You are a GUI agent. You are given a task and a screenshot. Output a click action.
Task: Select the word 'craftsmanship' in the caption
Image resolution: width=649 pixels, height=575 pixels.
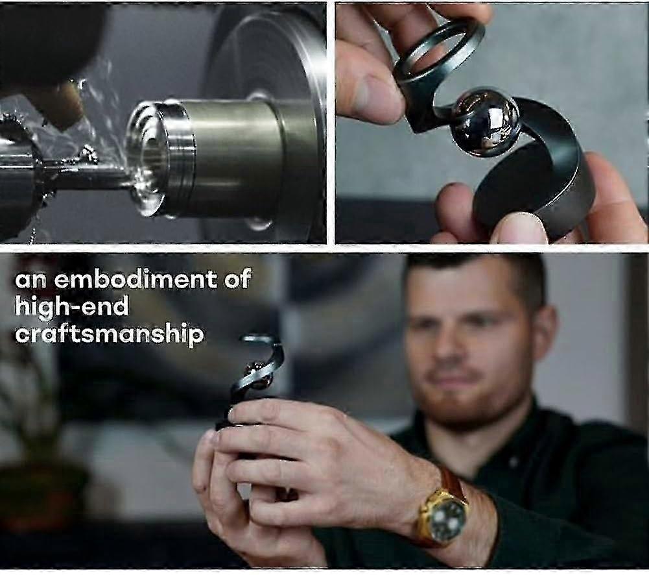pyautogui.click(x=109, y=335)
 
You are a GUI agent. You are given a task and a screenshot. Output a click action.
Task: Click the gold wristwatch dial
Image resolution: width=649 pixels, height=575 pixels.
pyautogui.click(x=447, y=517)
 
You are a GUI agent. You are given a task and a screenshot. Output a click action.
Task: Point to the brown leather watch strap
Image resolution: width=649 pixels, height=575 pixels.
pyautogui.click(x=454, y=483)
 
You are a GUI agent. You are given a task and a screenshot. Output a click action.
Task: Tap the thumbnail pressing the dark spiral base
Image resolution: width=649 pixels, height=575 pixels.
pyautogui.click(x=519, y=228)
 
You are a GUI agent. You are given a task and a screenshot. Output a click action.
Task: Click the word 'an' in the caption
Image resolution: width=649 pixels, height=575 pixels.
pyautogui.click(x=30, y=280)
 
